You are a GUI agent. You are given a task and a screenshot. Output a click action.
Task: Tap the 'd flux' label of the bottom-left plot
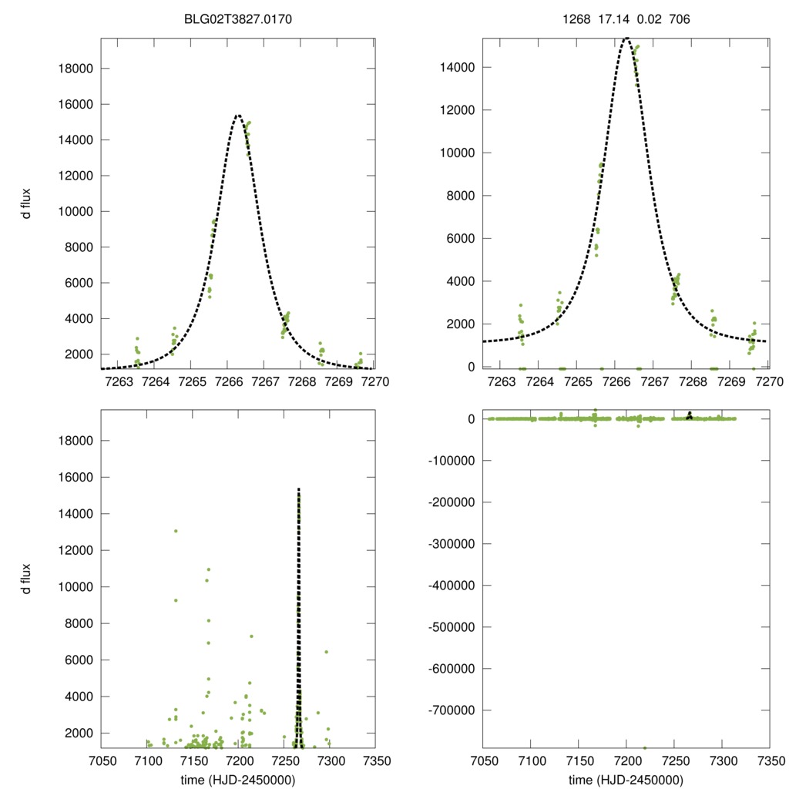[27, 579]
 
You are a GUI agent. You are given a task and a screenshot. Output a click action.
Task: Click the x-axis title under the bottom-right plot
[626, 779]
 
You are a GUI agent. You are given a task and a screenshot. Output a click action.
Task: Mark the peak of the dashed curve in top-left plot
[238, 115]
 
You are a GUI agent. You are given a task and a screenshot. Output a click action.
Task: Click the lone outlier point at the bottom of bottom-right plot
[645, 747]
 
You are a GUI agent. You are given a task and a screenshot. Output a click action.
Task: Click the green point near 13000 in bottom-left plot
[176, 531]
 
